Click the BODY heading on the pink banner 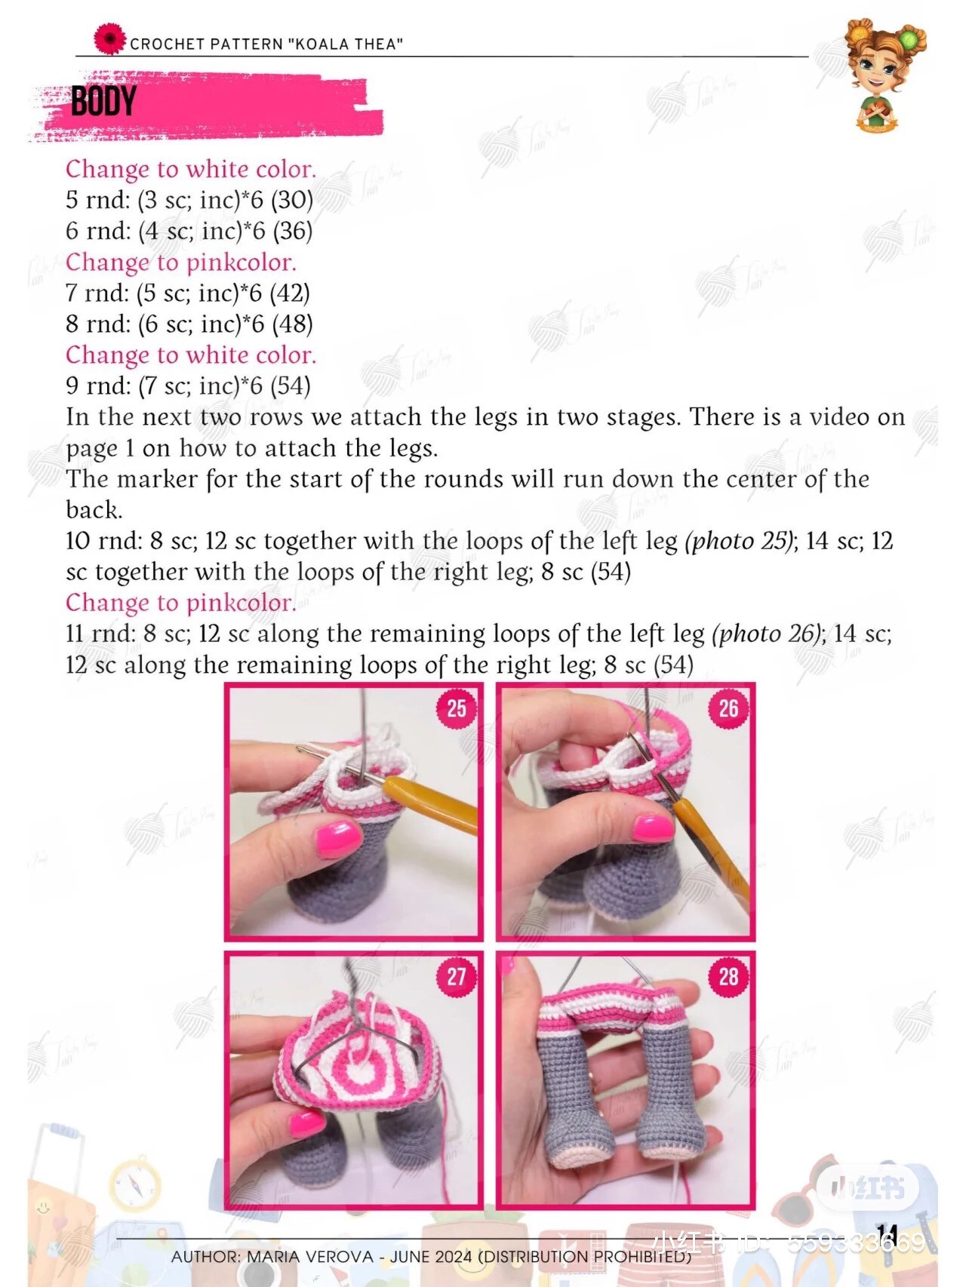pyautogui.click(x=103, y=101)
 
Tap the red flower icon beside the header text pyautogui.click(x=109, y=38)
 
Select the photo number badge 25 pyautogui.click(x=456, y=708)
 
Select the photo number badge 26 pyautogui.click(x=728, y=708)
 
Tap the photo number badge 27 pyautogui.click(x=456, y=977)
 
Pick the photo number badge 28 pyautogui.click(x=728, y=977)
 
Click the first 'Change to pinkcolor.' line pyautogui.click(x=180, y=262)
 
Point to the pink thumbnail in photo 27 pyautogui.click(x=307, y=1123)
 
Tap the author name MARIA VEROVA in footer pyautogui.click(x=309, y=1257)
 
